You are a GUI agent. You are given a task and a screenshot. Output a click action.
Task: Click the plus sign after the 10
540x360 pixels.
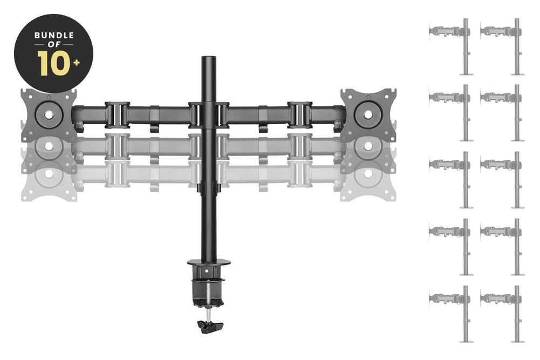point(77,62)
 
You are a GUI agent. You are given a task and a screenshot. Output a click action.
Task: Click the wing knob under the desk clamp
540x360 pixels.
point(210,326)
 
